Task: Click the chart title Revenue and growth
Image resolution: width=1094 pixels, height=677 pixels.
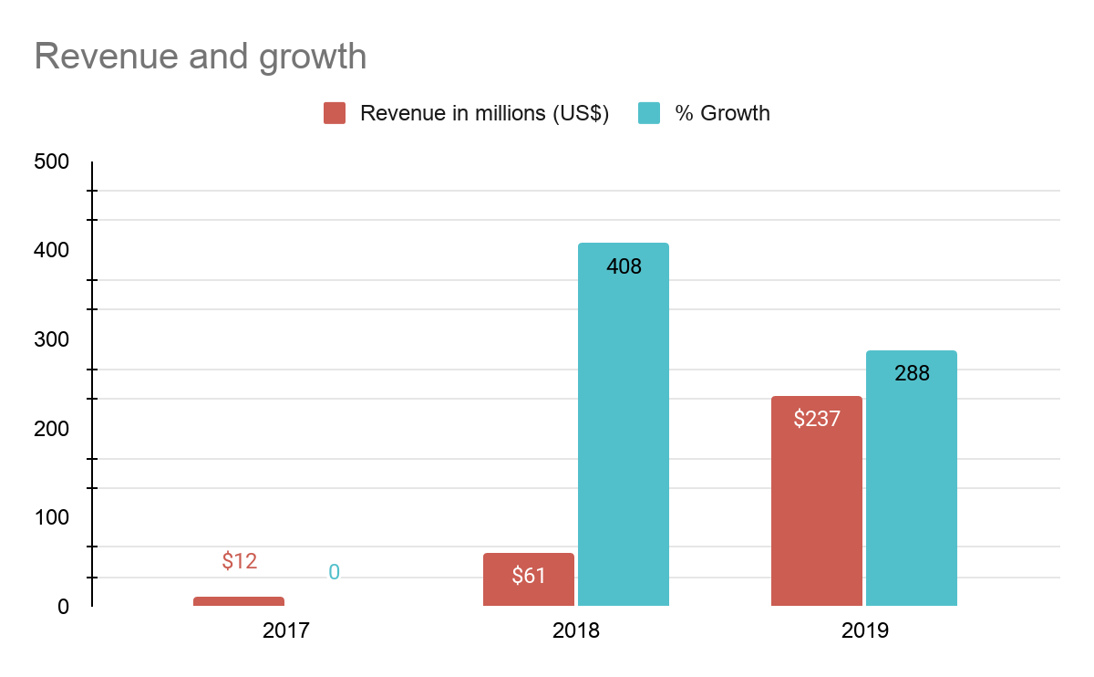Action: [201, 57]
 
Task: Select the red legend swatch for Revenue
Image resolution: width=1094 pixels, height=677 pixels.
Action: [335, 113]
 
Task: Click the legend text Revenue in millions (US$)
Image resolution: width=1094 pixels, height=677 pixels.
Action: [484, 113]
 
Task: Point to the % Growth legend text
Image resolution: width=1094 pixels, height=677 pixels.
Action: [722, 113]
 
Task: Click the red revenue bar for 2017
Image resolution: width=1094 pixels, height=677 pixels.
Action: [239, 601]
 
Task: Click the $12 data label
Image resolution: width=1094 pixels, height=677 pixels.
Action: [240, 561]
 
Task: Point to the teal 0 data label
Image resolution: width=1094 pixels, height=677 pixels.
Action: [334, 572]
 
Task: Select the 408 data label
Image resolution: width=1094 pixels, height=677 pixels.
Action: [624, 267]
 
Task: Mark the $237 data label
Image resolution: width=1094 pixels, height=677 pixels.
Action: [816, 419]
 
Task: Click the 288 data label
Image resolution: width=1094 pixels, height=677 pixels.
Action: [912, 373]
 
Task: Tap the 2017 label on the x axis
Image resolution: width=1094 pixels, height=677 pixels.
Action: [286, 630]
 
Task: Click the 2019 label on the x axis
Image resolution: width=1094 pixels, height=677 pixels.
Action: [864, 630]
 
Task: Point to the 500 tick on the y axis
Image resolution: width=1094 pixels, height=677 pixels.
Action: [50, 161]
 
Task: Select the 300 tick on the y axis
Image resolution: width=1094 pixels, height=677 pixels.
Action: [50, 339]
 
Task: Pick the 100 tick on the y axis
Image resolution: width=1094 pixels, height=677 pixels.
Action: [50, 517]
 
